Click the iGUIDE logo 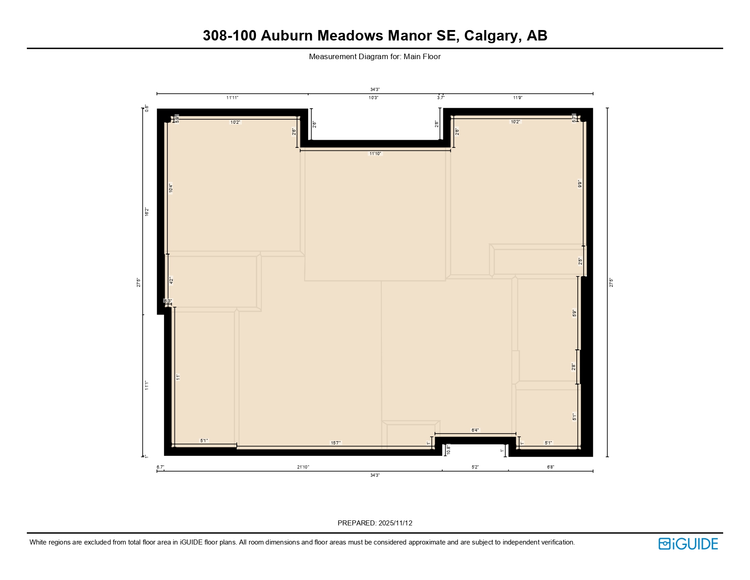pyautogui.click(x=688, y=544)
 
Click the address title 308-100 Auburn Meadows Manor pyautogui.click(x=375, y=35)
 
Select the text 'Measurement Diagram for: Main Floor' pyautogui.click(x=375, y=57)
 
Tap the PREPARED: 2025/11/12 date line pyautogui.click(x=375, y=523)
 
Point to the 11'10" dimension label pyautogui.click(x=375, y=154)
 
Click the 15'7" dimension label pyautogui.click(x=335, y=443)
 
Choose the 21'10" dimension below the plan pyautogui.click(x=303, y=467)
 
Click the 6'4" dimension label pyautogui.click(x=475, y=430)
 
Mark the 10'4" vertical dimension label pyautogui.click(x=171, y=188)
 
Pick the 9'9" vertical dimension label pyautogui.click(x=580, y=184)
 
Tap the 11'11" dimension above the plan pyautogui.click(x=232, y=98)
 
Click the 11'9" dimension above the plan pyautogui.click(x=518, y=98)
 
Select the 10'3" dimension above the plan pyautogui.click(x=373, y=98)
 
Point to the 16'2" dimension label pyautogui.click(x=147, y=212)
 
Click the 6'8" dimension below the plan pyautogui.click(x=550, y=467)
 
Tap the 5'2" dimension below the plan pyautogui.click(x=475, y=467)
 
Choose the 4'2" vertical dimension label pyautogui.click(x=171, y=281)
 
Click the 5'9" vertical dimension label pyautogui.click(x=575, y=313)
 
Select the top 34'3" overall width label pyautogui.click(x=375, y=90)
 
